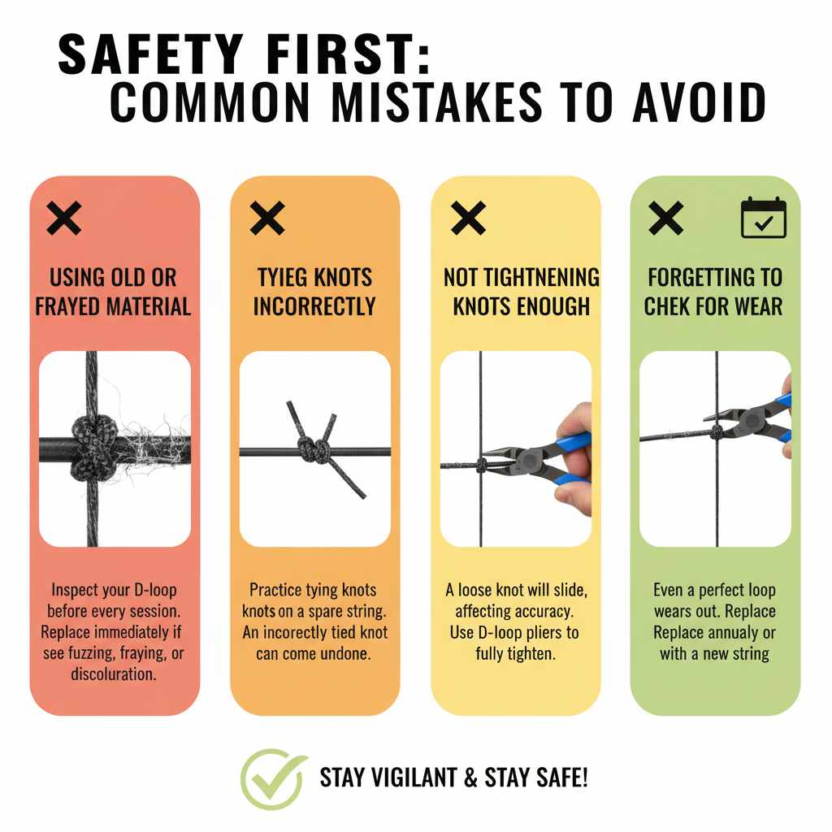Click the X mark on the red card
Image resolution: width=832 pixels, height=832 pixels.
[64, 219]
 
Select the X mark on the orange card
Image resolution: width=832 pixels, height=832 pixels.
[266, 219]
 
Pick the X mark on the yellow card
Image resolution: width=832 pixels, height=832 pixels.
[468, 219]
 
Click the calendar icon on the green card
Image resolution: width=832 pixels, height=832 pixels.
[764, 219]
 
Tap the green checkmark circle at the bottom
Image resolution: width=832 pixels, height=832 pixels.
[274, 778]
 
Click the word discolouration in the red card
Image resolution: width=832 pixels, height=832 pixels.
[115, 674]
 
